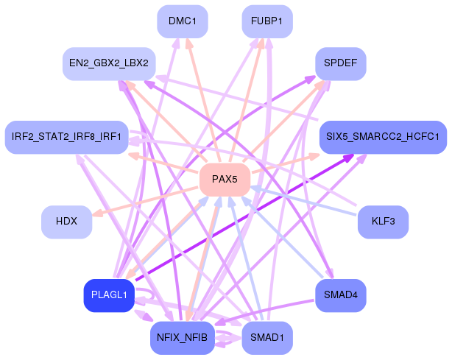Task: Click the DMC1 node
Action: coord(183,22)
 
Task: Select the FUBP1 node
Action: coord(267,22)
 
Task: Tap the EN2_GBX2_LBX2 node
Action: coord(109,64)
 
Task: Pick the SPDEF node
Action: coord(341,64)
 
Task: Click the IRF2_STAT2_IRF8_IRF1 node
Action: coord(67,137)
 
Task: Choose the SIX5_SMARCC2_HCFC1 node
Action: coord(383,137)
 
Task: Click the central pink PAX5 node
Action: coord(225,180)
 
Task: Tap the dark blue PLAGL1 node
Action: coord(109,295)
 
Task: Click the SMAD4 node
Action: coord(341,295)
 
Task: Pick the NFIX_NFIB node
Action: coord(183,338)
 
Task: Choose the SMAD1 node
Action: coord(267,338)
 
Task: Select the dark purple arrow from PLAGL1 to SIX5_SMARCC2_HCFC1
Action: coord(243,219)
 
